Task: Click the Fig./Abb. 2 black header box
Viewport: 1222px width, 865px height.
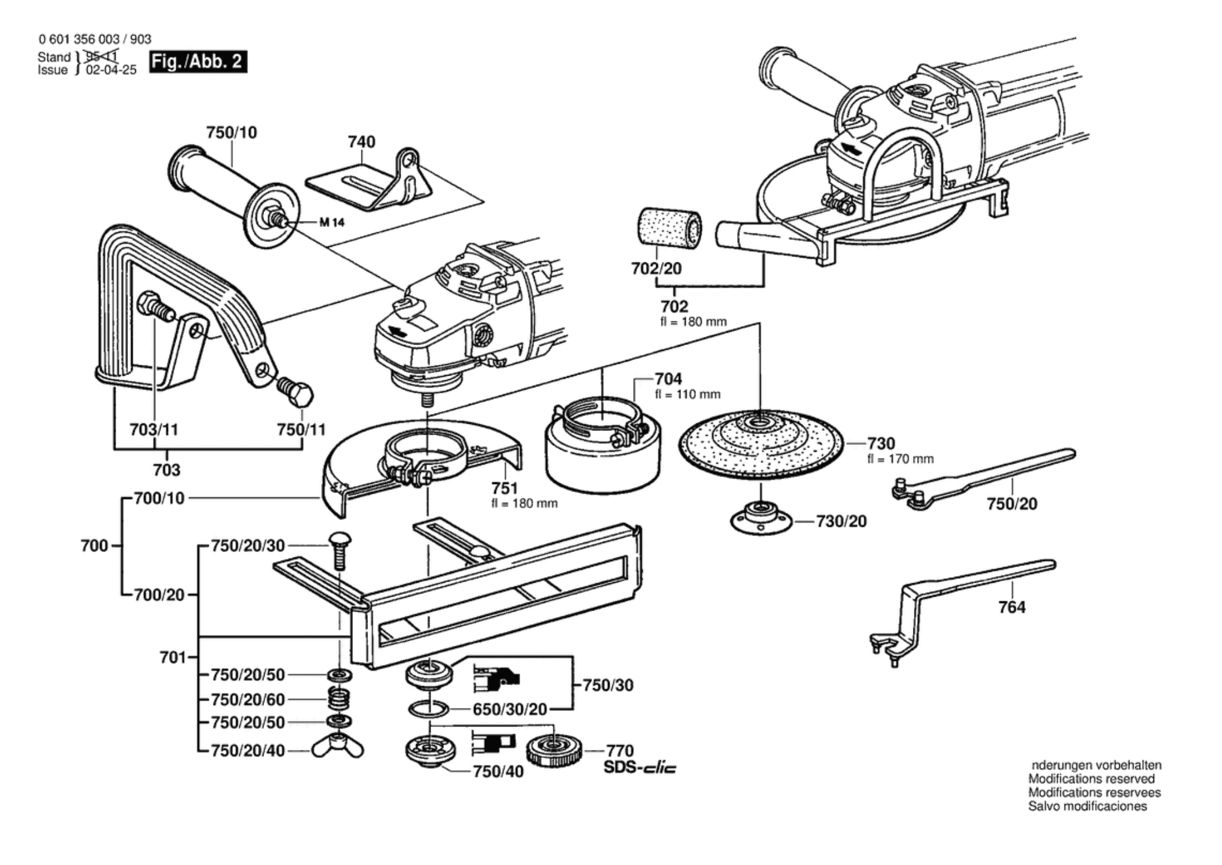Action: tap(198, 61)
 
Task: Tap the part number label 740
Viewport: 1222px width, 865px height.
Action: tap(361, 141)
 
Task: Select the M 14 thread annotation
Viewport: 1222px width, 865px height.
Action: tap(331, 223)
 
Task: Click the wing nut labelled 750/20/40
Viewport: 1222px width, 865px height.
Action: tap(338, 748)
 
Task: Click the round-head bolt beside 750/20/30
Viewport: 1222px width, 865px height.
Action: tap(340, 548)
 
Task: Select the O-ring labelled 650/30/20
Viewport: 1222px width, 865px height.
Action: tap(428, 708)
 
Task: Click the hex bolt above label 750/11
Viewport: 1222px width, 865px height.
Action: tap(296, 391)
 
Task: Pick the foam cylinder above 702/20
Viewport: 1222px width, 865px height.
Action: tap(669, 227)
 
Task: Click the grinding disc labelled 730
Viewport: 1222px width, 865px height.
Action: tap(761, 443)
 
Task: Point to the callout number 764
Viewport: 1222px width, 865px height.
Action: tap(1012, 607)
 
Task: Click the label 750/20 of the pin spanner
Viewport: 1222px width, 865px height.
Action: tap(1012, 503)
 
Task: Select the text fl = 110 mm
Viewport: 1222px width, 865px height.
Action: tap(687, 395)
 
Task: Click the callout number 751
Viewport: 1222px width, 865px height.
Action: tap(504, 488)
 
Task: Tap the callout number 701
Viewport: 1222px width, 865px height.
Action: tap(173, 657)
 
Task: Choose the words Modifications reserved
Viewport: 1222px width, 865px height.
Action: tap(1091, 779)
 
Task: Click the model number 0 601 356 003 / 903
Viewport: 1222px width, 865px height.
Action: tap(95, 39)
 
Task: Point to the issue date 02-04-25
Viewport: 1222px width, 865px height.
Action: tap(111, 70)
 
